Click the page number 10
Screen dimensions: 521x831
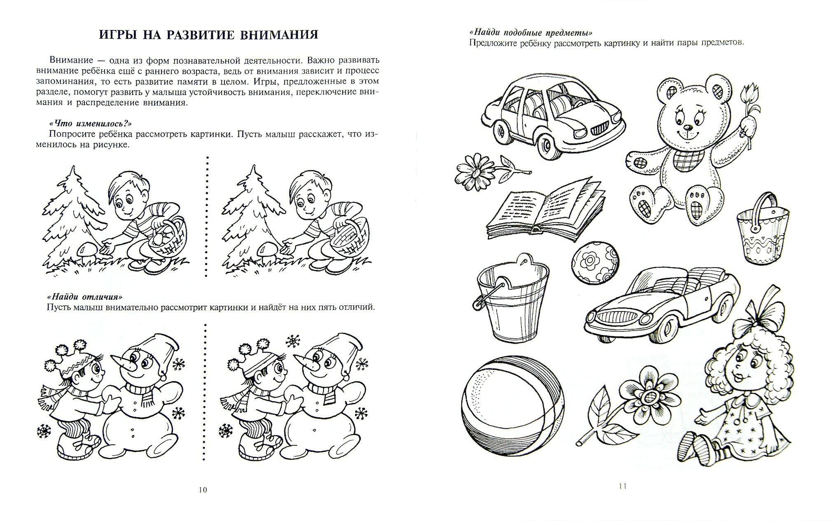click(x=202, y=490)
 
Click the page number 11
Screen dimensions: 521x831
click(x=622, y=486)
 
